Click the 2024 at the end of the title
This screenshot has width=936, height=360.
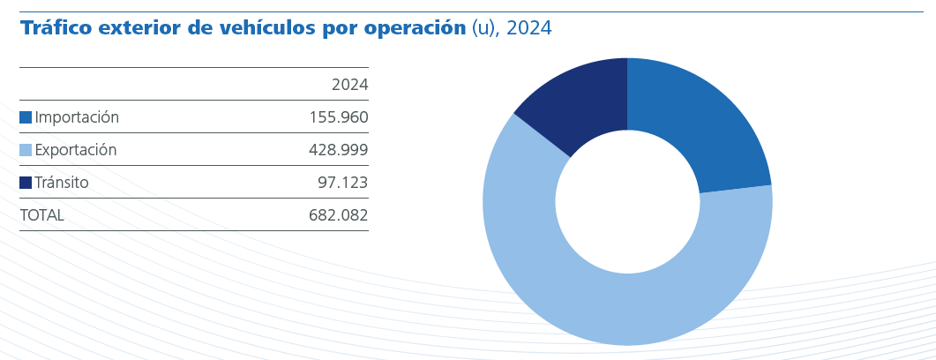click(529, 28)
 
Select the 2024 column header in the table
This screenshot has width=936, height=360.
click(349, 85)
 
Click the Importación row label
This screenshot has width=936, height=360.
click(77, 117)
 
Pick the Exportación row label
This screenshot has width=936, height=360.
click(76, 150)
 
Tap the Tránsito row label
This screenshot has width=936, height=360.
click(62, 183)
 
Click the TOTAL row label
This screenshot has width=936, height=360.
click(41, 215)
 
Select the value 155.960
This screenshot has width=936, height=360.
click(338, 117)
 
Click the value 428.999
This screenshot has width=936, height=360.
click(338, 150)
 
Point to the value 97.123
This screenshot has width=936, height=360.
click(342, 183)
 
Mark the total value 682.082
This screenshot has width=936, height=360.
click(338, 215)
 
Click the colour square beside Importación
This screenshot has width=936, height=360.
click(26, 117)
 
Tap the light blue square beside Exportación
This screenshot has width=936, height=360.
click(26, 150)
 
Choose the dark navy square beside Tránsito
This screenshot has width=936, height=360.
click(26, 183)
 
